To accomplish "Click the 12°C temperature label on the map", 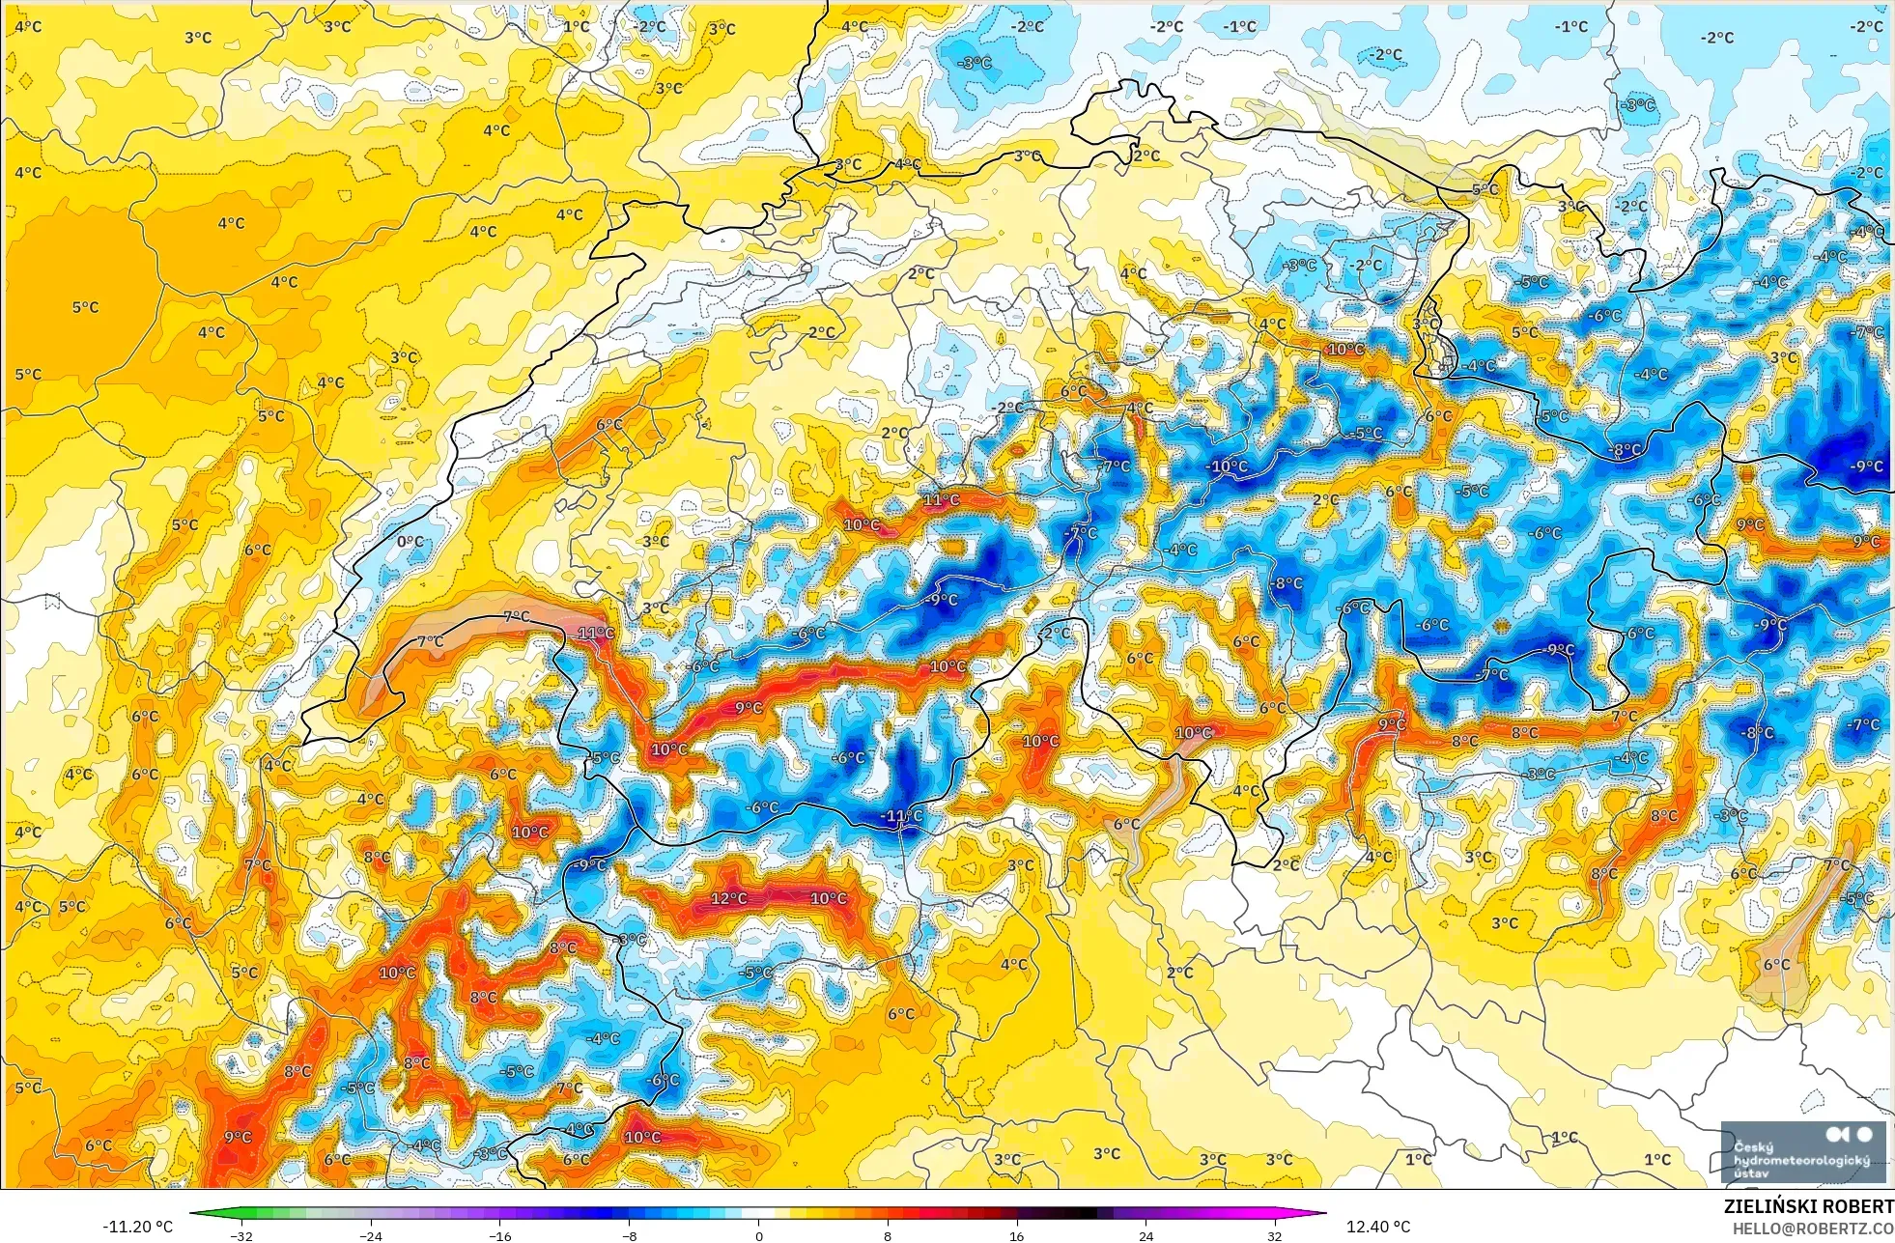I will (x=728, y=898).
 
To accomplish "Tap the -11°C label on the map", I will (x=901, y=816).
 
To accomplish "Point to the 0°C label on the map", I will (x=410, y=542).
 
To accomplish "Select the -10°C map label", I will (x=1227, y=466).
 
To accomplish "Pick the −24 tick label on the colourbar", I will (x=370, y=1235).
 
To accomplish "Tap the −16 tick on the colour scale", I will (x=499, y=1235).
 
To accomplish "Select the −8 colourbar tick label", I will (x=629, y=1235).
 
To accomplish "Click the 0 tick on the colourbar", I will (x=759, y=1235).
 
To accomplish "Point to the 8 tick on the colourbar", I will (x=888, y=1235).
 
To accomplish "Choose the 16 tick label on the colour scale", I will (x=1016, y=1235).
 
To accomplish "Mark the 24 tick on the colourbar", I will (x=1145, y=1235).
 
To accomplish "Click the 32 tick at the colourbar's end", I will (x=1275, y=1235).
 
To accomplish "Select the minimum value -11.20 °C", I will (x=137, y=1227).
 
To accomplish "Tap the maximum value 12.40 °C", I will (x=1378, y=1227).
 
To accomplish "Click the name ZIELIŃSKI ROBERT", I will (x=1808, y=1206).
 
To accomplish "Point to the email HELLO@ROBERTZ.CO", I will (x=1812, y=1229).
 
